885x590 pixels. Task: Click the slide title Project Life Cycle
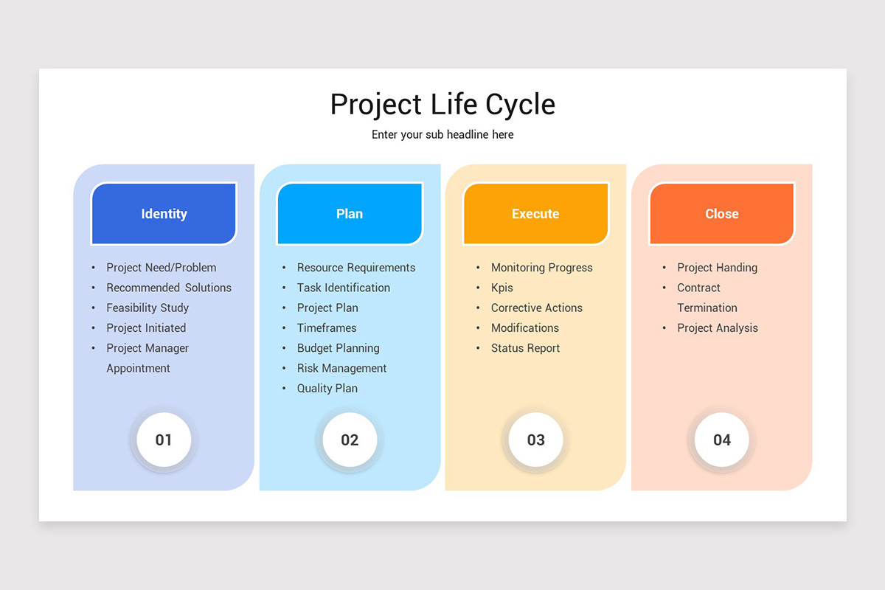coord(442,105)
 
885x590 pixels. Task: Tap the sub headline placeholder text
coord(442,135)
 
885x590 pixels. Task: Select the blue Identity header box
coord(164,214)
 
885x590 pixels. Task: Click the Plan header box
coord(350,214)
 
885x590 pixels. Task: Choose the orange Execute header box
coord(535,214)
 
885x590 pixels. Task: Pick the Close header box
coord(721,214)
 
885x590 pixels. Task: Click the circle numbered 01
coord(164,440)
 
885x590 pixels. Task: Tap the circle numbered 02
coord(350,440)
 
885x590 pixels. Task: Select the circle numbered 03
coord(535,440)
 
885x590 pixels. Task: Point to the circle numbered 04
coord(721,440)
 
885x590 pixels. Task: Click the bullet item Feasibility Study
coord(147,308)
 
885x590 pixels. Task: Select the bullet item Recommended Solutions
coord(169,288)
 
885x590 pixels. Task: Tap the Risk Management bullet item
coord(341,369)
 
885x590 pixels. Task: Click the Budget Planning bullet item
coord(338,348)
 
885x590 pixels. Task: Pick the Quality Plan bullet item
coord(327,389)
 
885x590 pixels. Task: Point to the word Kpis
coord(502,288)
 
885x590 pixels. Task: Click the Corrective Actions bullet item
coord(536,308)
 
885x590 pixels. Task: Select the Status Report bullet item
coord(525,348)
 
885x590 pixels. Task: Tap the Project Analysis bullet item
coord(718,328)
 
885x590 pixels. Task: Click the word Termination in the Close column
coord(707,308)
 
